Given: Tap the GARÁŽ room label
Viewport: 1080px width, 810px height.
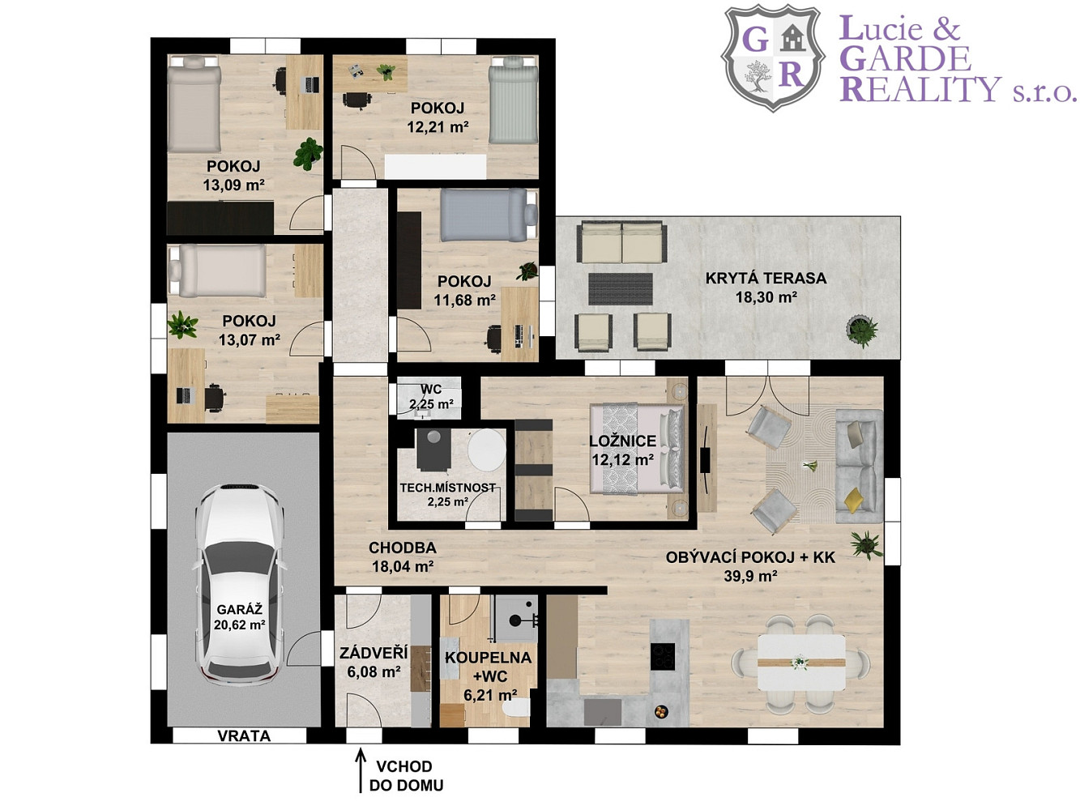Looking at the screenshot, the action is (240, 609).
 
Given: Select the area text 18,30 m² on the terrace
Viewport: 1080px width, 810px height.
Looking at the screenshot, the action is (766, 297).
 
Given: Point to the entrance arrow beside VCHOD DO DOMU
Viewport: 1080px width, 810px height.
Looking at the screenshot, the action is (361, 770).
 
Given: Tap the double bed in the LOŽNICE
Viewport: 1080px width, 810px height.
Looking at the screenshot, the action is (637, 449).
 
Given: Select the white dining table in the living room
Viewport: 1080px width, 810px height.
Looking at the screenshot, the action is (801, 663).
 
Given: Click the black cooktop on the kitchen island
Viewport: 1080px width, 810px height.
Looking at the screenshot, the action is (662, 656).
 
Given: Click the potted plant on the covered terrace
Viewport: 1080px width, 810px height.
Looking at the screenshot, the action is (861, 330).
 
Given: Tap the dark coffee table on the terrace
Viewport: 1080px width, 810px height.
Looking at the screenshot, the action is (621, 289).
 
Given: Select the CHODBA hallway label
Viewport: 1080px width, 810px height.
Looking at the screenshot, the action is (403, 548).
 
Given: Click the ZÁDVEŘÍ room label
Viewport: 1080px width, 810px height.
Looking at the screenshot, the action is (374, 653).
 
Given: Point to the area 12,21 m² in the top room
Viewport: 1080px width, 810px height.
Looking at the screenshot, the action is (438, 127).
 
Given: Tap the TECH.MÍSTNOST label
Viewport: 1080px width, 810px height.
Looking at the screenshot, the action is (447, 488).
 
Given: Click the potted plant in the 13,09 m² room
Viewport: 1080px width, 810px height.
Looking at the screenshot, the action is (309, 153).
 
